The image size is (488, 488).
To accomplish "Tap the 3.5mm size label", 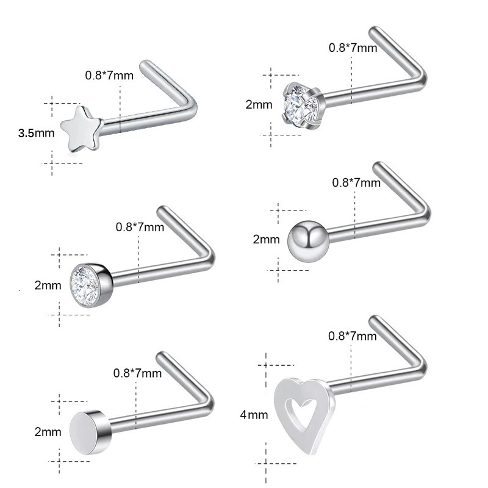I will click(36, 132).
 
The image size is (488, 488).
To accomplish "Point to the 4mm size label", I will click(254, 415).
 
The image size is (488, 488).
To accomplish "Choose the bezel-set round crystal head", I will click(90, 284).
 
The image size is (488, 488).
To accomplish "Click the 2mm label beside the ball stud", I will click(266, 240).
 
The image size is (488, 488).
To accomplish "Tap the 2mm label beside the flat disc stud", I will click(48, 432).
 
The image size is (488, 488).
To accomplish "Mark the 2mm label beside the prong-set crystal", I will click(259, 104).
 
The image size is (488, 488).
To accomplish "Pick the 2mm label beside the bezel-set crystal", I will click(48, 285).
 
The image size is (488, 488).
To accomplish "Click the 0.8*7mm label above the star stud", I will click(109, 76).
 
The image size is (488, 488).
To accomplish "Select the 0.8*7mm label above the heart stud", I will click(353, 335).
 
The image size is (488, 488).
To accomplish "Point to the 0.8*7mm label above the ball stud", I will click(356, 182).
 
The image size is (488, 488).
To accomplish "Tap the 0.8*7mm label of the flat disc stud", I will click(138, 373).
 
